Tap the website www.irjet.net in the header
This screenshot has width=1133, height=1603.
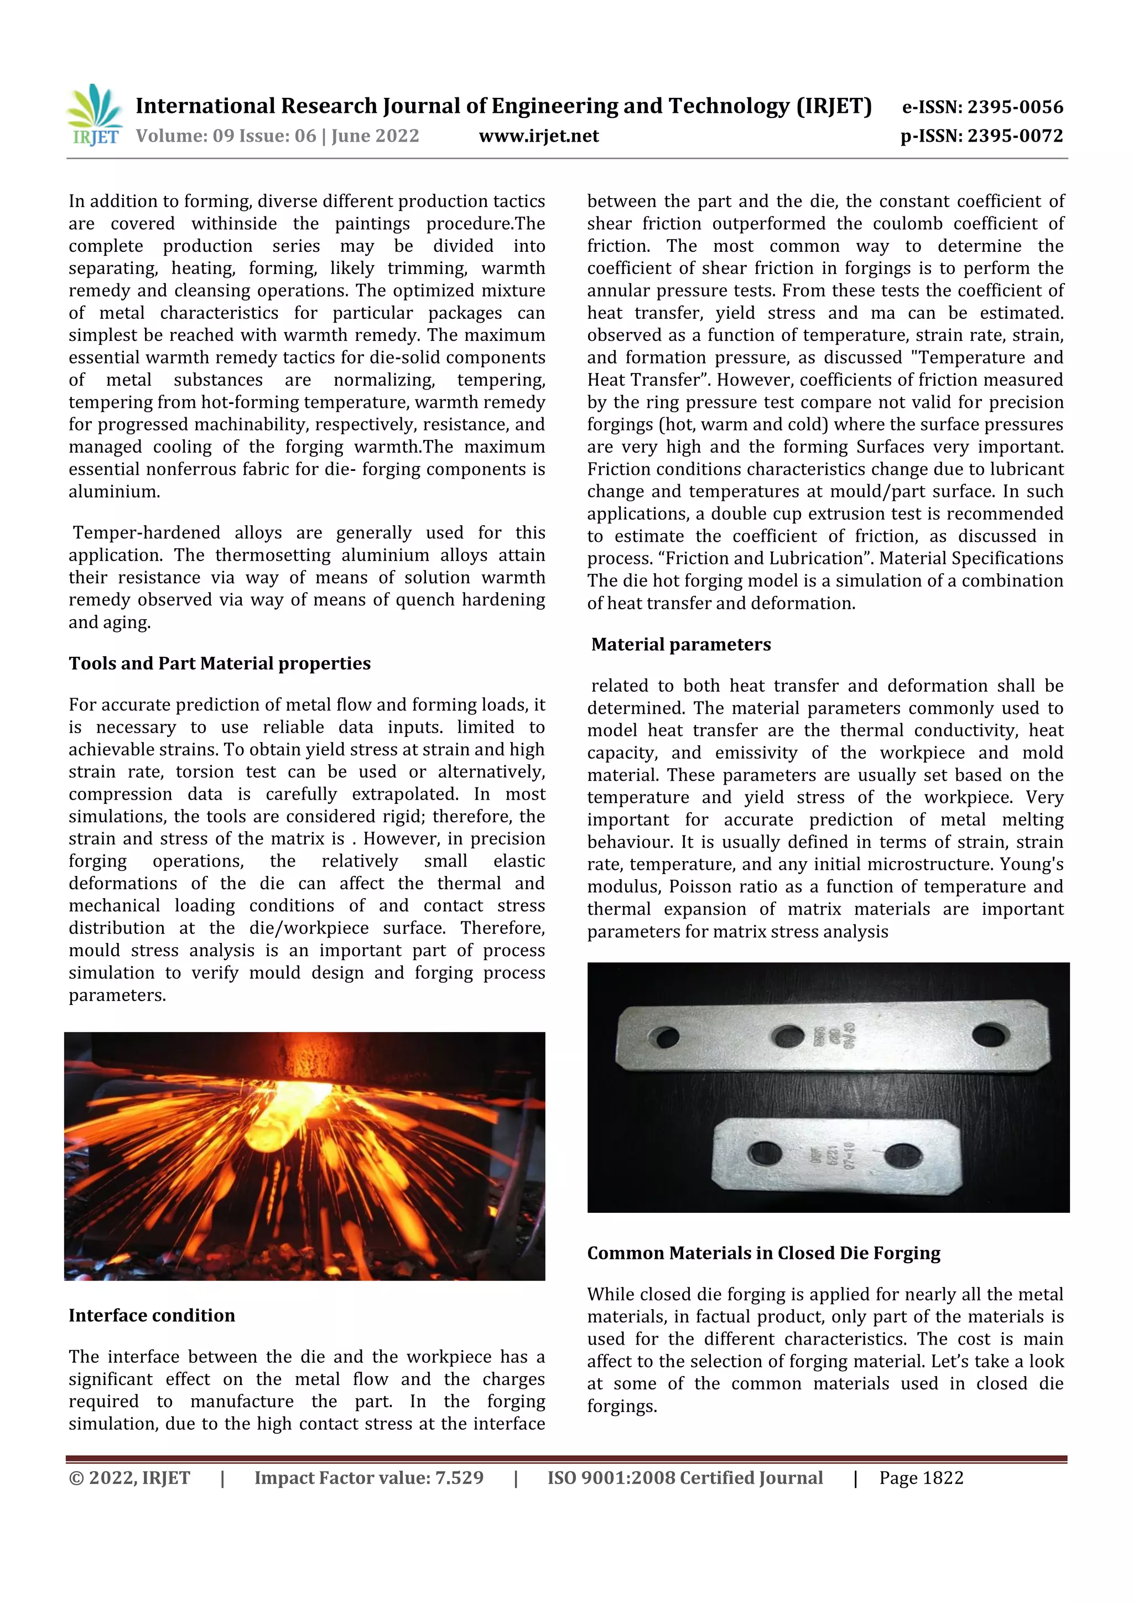coord(538,136)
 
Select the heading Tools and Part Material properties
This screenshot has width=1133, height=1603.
coord(219,663)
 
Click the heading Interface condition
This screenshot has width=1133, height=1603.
coord(152,1315)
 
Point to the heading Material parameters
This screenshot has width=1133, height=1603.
coord(680,645)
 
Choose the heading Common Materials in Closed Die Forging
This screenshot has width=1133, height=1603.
coord(763,1253)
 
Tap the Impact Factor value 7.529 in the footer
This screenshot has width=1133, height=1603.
coord(368,1477)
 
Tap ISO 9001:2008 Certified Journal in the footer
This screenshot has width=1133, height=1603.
coord(684,1477)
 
